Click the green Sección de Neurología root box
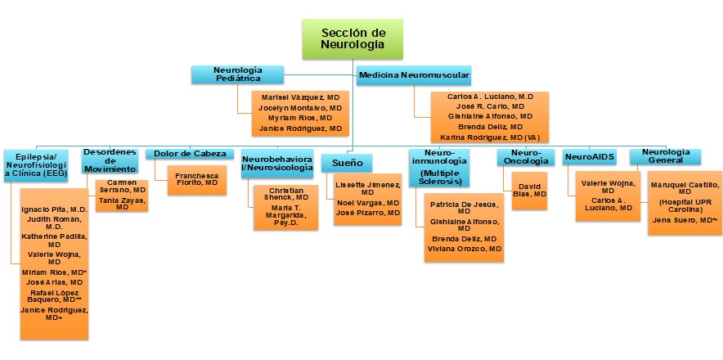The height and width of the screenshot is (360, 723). pos(353,38)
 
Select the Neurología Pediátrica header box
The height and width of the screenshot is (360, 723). pos(237,74)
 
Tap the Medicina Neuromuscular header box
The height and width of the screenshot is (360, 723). pos(414,75)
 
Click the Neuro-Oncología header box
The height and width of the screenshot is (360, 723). pos(522,157)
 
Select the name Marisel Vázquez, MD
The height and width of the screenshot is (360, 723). pos(295,97)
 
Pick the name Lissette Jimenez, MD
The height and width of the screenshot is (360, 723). pos(366,189)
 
